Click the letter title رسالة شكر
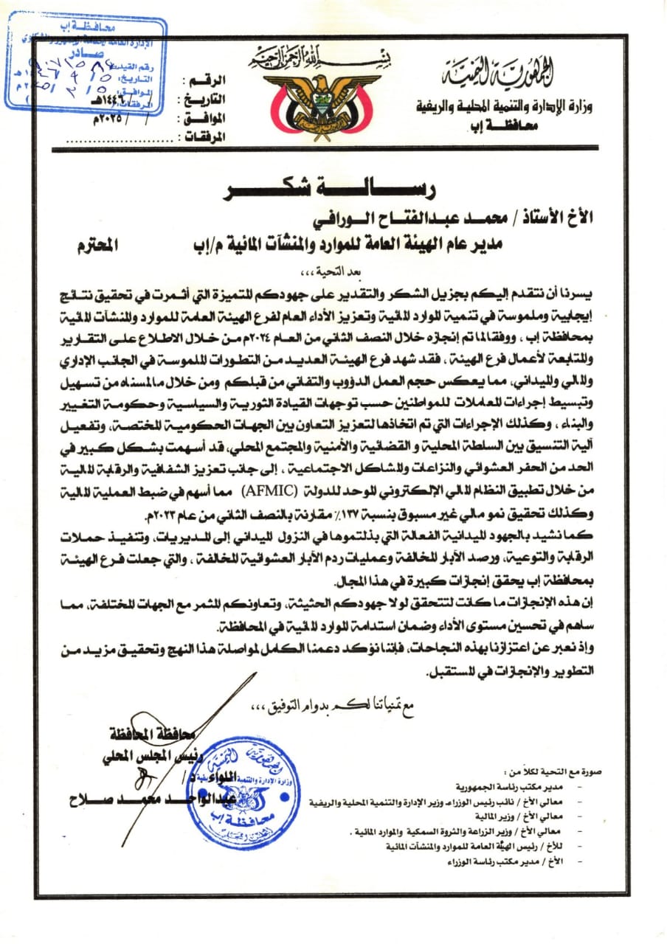coord(333,189)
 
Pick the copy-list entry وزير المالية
coord(570,816)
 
